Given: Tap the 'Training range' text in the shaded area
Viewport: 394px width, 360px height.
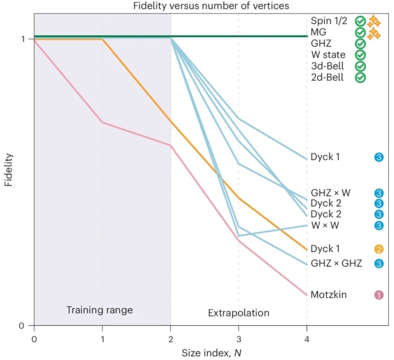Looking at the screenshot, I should point(99,309).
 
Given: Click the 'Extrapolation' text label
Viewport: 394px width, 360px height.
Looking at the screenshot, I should point(238,313).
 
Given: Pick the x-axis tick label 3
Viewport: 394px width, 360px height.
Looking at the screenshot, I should point(239,340).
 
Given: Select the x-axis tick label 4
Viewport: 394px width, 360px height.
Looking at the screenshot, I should point(307,340).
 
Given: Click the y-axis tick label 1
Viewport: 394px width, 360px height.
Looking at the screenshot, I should point(22,39).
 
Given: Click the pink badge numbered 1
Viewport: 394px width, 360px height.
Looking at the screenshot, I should point(378,295).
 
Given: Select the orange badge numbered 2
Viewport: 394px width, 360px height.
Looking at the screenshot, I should point(378,249).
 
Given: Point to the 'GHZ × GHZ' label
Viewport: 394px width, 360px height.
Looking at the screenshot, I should point(336,263).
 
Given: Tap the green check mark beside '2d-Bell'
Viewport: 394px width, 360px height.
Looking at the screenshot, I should point(360,78).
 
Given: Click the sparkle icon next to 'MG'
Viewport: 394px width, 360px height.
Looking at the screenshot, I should point(374,34).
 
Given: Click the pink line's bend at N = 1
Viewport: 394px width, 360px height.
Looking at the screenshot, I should point(102,122).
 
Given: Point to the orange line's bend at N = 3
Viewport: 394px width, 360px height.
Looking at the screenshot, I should point(239,197).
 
